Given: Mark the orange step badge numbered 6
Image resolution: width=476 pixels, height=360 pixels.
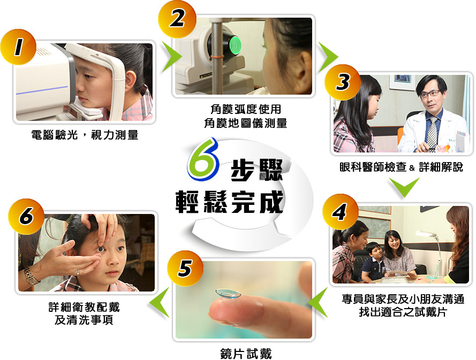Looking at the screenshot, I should pyautogui.click(x=26, y=216).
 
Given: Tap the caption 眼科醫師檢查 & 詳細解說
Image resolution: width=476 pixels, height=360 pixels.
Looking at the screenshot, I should pyautogui.click(x=401, y=167).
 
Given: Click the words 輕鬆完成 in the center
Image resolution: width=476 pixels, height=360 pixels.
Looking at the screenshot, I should pyautogui.click(x=230, y=202).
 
